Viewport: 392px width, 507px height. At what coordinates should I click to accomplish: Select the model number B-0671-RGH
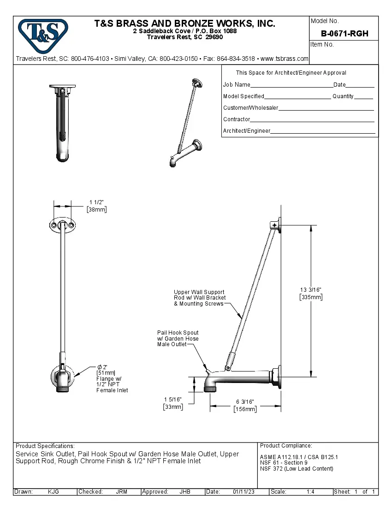click(344, 34)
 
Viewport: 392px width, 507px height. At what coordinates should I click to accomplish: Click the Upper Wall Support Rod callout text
click(199, 298)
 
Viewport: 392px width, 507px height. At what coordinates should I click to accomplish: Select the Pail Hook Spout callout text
click(178, 338)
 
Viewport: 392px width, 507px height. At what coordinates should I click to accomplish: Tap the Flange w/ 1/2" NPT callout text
click(112, 381)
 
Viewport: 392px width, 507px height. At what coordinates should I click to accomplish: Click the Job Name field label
click(237, 85)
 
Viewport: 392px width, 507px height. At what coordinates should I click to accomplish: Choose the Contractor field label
click(237, 119)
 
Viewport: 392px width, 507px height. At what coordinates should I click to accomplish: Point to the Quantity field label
click(343, 96)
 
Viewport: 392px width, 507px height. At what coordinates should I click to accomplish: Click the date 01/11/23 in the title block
click(244, 492)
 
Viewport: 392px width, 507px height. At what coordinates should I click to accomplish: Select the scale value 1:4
click(310, 492)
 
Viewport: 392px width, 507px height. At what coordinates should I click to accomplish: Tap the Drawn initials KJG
click(53, 492)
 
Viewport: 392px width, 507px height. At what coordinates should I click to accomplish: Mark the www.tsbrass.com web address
click(285, 59)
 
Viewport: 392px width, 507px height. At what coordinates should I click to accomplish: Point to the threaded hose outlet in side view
click(210, 389)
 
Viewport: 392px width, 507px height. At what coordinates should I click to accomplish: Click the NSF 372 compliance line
click(297, 469)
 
